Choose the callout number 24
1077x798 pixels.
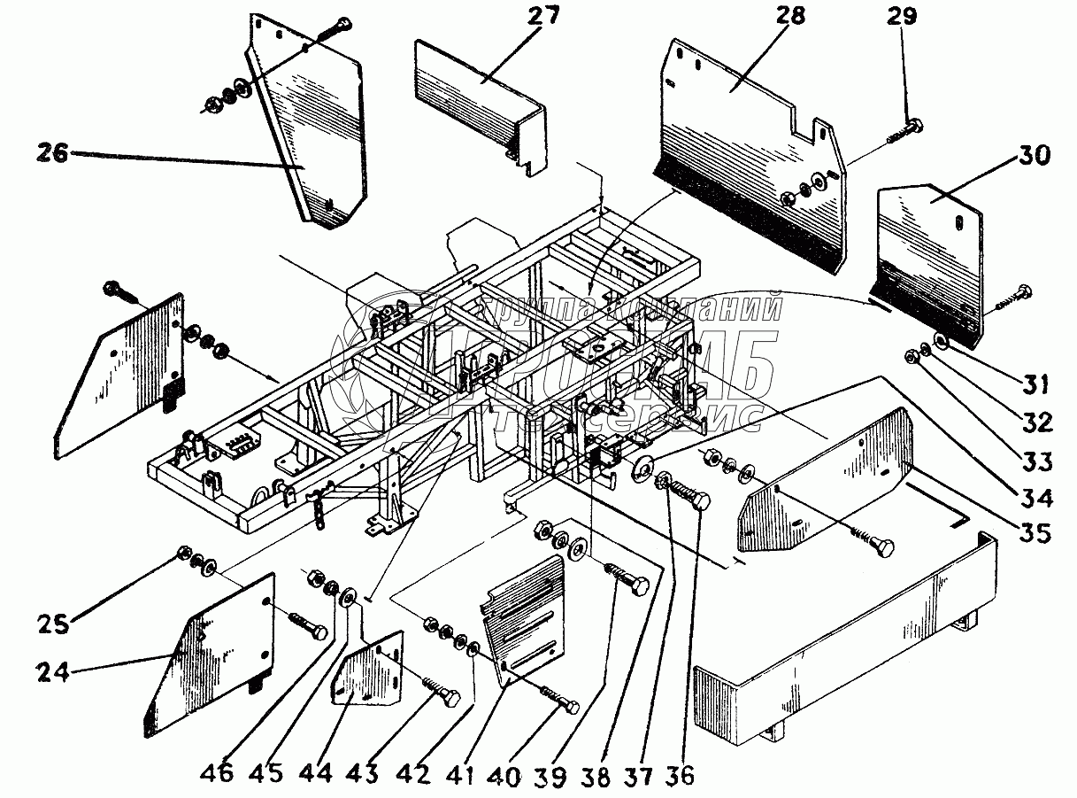53,673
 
